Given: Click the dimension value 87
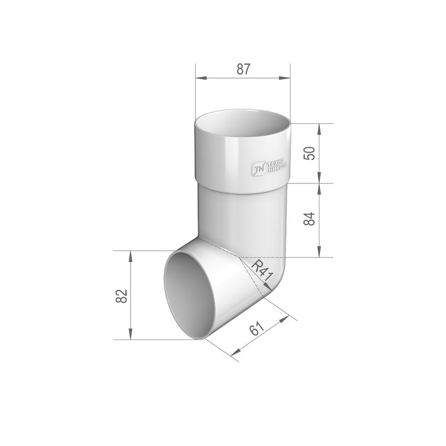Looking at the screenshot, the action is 243,69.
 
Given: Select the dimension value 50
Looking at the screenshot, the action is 310,153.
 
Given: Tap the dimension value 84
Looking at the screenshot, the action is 310,219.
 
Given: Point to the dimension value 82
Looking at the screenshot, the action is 122,296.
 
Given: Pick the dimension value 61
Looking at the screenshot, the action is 256,329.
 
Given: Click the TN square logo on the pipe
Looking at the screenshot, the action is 259,168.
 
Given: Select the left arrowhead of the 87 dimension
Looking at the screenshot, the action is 201,78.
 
